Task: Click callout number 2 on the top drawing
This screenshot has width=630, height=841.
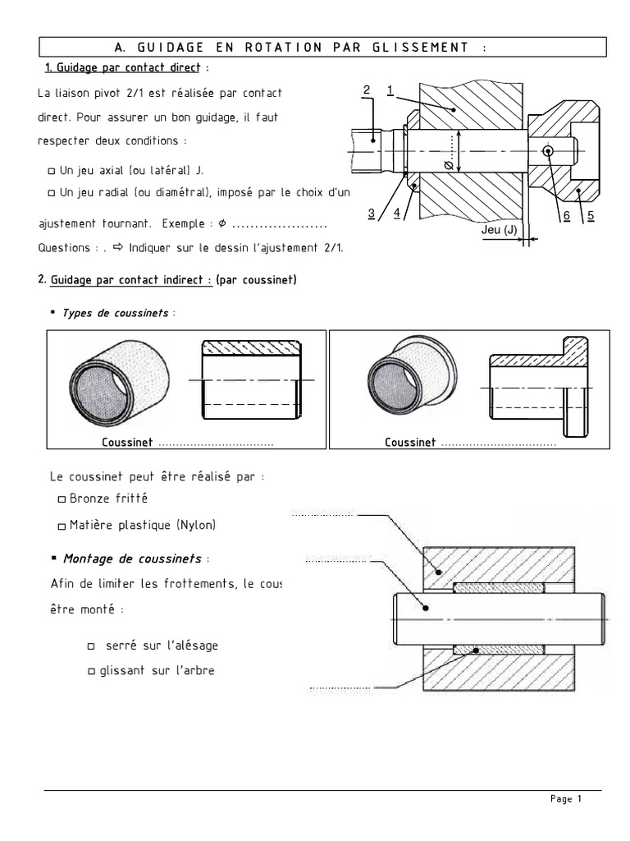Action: [367, 89]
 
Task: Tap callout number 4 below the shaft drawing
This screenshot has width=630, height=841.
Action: [396, 213]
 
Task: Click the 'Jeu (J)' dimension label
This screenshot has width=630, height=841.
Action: [500, 230]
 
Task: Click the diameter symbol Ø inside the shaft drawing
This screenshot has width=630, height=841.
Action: [448, 165]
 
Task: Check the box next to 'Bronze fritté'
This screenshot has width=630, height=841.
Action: [62, 499]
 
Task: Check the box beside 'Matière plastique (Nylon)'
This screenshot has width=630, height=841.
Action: [62, 526]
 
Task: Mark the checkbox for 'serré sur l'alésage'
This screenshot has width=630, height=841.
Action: [91, 646]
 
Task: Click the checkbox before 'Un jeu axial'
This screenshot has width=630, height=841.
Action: [52, 171]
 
